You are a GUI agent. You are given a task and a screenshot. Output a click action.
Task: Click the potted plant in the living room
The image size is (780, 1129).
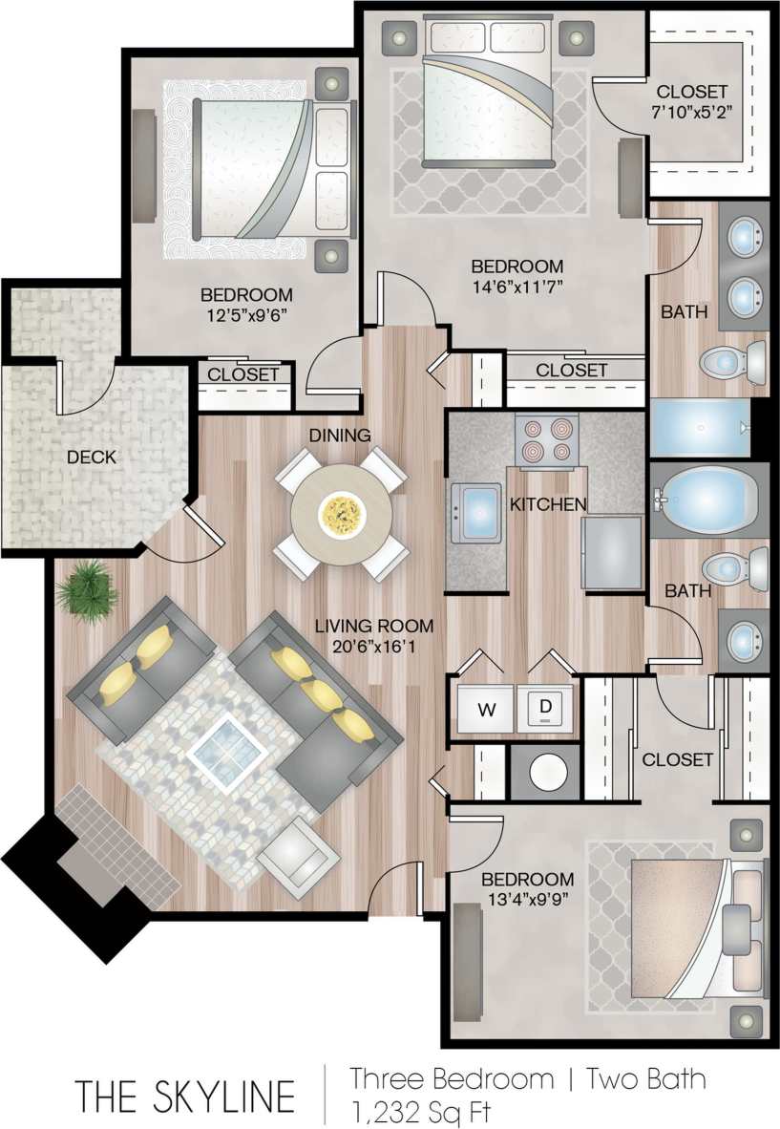coord(87,588)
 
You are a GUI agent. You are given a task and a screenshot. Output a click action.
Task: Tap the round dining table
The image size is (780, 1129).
coord(341,516)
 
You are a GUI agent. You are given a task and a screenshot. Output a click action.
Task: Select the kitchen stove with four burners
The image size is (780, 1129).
coord(546,440)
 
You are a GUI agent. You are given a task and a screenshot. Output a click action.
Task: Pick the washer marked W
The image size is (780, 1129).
coord(485,709)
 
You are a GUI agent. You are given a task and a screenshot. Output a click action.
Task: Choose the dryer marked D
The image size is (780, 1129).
coord(545,708)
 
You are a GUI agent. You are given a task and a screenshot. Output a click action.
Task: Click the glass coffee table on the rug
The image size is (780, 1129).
coord(228,749)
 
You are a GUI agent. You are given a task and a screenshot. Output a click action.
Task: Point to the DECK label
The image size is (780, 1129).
coord(92,458)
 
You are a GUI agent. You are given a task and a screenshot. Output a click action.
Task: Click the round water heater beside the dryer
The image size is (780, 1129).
coord(545,771)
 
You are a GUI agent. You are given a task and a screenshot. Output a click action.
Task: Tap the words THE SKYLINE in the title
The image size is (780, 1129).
coord(185,1096)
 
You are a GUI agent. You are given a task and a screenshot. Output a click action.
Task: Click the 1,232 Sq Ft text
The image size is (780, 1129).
coord(421,1112)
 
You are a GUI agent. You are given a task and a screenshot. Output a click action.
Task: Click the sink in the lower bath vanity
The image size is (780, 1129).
coord(745,640)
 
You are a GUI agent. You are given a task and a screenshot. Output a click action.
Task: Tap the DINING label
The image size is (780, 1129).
coord(339,436)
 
